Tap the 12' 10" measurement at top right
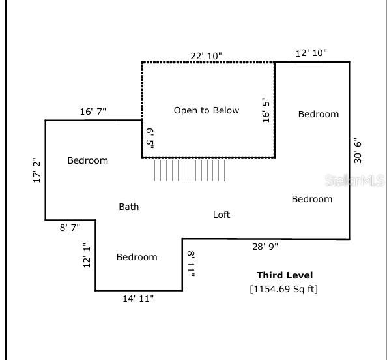pyautogui.click(x=311, y=53)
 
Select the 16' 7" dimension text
pyautogui.click(x=93, y=112)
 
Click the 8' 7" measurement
pyautogui.click(x=70, y=228)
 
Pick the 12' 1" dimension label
pyautogui.click(x=87, y=254)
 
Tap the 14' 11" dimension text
pyautogui.click(x=139, y=299)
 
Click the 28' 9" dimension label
pyautogui.click(x=265, y=247)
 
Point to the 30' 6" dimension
pyautogui.click(x=356, y=150)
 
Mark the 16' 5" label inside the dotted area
pyautogui.click(x=266, y=110)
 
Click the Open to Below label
pyautogui.click(x=207, y=110)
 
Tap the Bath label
pyautogui.click(x=128, y=207)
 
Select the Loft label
pyautogui.click(x=222, y=214)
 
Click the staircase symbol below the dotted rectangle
pyautogui.click(x=190, y=170)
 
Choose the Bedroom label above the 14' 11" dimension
pyautogui.click(x=137, y=257)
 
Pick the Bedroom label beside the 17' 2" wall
pyautogui.click(x=88, y=160)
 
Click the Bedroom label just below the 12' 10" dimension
pyautogui.click(x=319, y=114)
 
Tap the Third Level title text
pyautogui.click(x=284, y=275)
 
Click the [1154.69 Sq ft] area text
pyautogui.click(x=284, y=288)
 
